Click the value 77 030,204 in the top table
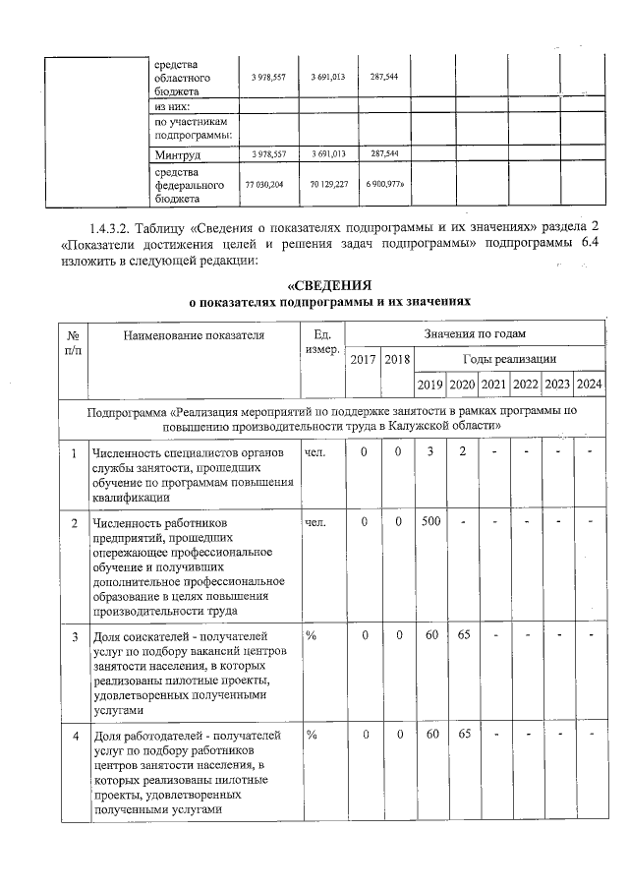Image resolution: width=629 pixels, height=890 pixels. click(268, 184)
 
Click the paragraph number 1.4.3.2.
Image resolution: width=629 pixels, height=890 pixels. click(112, 228)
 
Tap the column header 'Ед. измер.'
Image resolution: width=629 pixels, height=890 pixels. click(321, 342)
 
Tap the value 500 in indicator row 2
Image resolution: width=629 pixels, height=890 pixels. click(430, 521)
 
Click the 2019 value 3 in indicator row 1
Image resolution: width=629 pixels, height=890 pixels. click(430, 451)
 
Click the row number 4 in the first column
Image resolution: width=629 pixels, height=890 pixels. click(75, 735)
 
